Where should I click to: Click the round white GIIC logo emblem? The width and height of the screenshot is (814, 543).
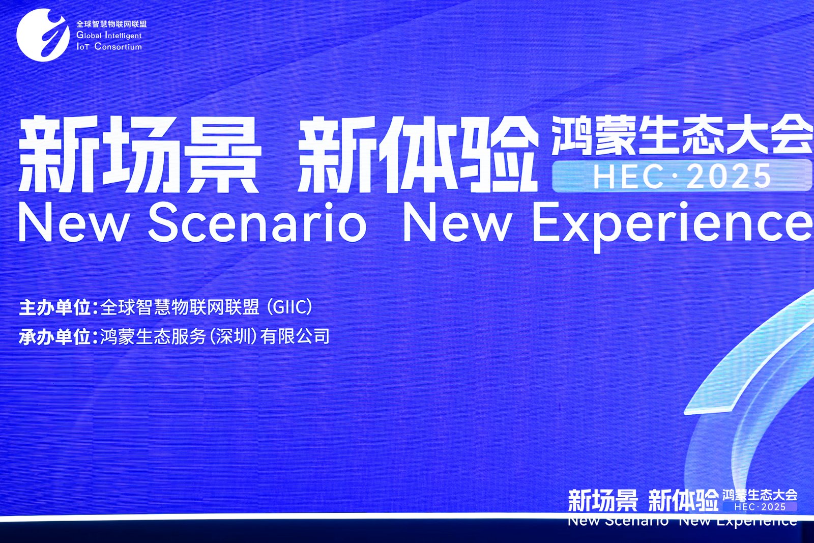click(43, 35)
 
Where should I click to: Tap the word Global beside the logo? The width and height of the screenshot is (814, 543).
click(89, 35)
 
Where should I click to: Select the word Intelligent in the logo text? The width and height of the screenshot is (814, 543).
click(123, 36)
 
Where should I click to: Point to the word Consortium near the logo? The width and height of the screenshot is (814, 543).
click(118, 46)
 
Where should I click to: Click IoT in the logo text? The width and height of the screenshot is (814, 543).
click(83, 46)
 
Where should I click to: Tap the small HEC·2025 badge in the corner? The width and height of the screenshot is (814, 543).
click(760, 507)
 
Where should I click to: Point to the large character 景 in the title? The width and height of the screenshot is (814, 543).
click(228, 154)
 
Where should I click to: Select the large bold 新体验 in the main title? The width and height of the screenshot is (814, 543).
click(418, 155)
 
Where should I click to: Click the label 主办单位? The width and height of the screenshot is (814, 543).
click(54, 307)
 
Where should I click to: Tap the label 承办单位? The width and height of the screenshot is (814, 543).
click(54, 336)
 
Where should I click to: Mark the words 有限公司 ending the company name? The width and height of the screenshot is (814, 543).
click(295, 336)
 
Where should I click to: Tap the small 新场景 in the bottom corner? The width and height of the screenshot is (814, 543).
click(602, 500)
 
